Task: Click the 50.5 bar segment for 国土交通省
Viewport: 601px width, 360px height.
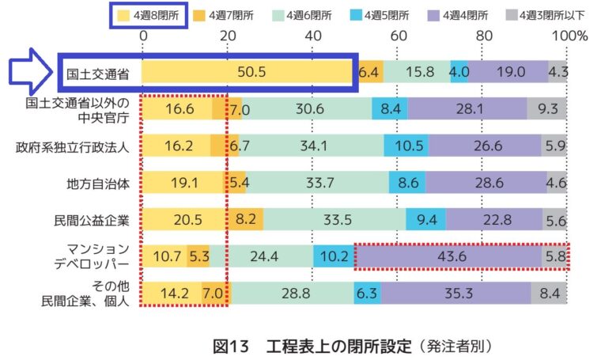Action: coord(249,71)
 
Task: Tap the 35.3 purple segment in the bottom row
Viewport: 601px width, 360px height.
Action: coord(455,294)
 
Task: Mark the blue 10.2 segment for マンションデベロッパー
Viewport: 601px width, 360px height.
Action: coord(333,256)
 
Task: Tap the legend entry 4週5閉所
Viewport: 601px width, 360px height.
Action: coord(384,13)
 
